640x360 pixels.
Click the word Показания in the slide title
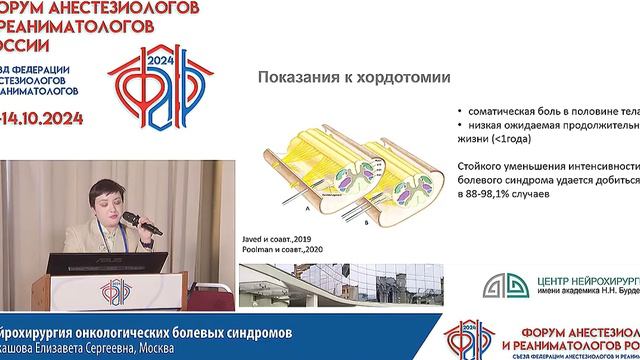(300, 79)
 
